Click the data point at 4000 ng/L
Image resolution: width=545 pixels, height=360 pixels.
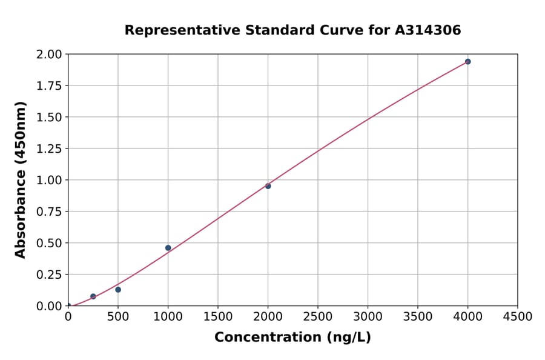(467, 62)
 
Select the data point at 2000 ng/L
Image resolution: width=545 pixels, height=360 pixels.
(268, 186)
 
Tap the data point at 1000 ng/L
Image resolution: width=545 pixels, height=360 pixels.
(168, 248)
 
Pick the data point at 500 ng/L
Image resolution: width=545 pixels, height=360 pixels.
(118, 290)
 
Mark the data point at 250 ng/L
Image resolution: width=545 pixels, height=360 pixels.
(93, 296)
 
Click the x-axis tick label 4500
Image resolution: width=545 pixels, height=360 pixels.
(518, 317)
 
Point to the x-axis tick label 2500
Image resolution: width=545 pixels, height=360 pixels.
(318, 317)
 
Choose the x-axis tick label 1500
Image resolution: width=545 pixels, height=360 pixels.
(218, 317)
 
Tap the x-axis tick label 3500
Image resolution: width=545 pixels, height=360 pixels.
(418, 317)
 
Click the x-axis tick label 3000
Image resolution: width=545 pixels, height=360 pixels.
(368, 317)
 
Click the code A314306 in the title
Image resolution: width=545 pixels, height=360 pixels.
(429, 30)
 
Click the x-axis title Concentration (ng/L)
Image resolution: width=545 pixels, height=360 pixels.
(292, 338)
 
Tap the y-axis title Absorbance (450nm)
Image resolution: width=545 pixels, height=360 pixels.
(21, 180)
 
